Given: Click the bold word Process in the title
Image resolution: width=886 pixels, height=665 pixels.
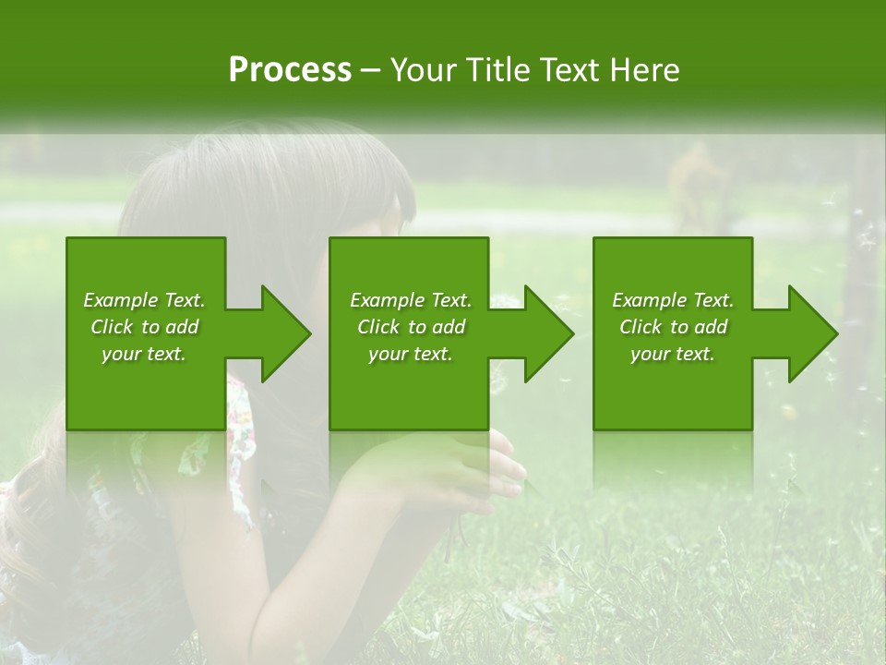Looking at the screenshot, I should pyautogui.click(x=290, y=70).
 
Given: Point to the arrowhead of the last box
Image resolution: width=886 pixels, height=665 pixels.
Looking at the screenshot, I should pyautogui.click(x=811, y=333).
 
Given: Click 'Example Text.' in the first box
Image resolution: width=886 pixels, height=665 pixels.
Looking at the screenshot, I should pyautogui.click(x=144, y=300).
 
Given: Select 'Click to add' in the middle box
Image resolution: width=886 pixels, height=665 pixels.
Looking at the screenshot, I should pyautogui.click(x=411, y=327).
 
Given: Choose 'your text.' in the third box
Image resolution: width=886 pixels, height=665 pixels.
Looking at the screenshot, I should pyautogui.click(x=672, y=354).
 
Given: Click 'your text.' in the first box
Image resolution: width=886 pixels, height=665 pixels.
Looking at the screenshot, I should pyautogui.click(x=144, y=354).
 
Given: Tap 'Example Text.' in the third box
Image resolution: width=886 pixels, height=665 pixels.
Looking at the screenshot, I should pyautogui.click(x=672, y=300).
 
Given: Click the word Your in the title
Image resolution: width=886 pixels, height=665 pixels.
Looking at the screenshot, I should pyautogui.click(x=423, y=70).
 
